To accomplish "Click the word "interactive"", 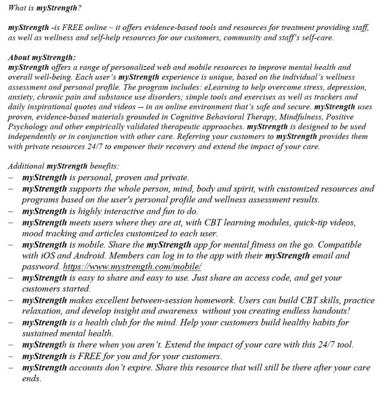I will point(125,209).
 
